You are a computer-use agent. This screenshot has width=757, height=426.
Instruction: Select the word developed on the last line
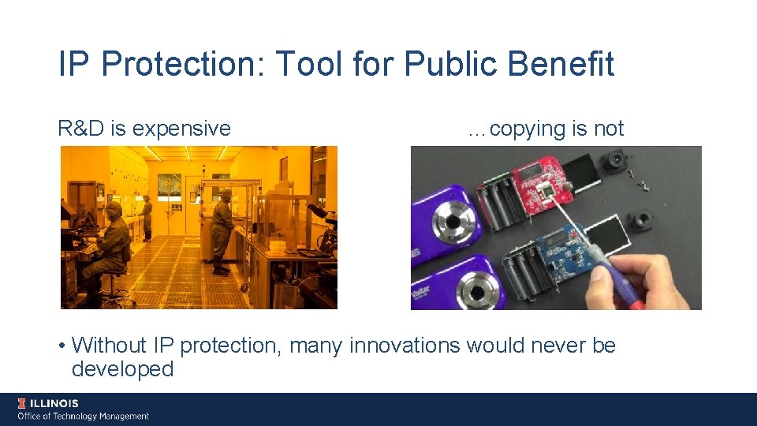(x=122, y=369)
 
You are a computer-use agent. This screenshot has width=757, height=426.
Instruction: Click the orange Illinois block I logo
(x=22, y=404)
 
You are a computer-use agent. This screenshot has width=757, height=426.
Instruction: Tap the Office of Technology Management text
(x=83, y=416)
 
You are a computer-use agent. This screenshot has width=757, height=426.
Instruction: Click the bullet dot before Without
(x=62, y=346)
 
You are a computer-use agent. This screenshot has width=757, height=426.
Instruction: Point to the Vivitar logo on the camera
(x=420, y=297)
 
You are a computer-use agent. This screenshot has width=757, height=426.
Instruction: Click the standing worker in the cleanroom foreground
(x=222, y=229)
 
